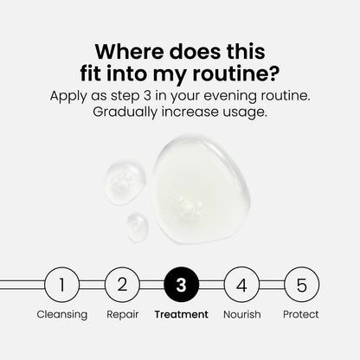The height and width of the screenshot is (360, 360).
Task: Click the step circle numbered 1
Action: click(61, 283)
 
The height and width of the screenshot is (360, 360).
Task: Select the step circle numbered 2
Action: click(121, 283)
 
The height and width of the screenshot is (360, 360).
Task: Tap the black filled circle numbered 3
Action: click(181, 283)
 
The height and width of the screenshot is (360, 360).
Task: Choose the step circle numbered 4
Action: click(241, 283)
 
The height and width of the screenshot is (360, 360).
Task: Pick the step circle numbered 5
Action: click(301, 283)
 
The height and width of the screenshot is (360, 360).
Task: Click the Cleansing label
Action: click(61, 315)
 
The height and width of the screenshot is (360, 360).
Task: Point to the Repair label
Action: click(122, 315)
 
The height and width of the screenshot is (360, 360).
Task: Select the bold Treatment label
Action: click(181, 315)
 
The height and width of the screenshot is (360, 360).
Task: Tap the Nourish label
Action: click(241, 315)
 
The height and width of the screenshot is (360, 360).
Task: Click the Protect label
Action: click(301, 315)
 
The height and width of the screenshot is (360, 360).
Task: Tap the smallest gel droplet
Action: click(137, 224)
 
